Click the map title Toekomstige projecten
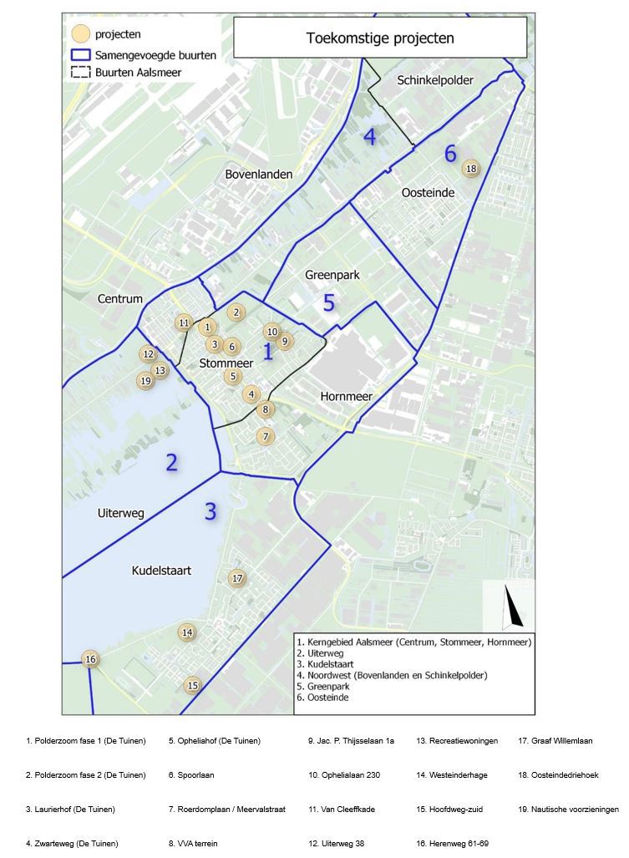coord(380,38)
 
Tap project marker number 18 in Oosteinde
coord(471,169)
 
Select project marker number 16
coord(91,659)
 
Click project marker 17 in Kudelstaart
coord(237,578)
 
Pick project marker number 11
coord(184,323)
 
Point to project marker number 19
coord(146,381)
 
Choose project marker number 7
coord(265,436)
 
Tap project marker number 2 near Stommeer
coord(236,312)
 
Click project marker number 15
coord(193,685)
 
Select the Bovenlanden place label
coord(258,174)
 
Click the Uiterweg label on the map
coord(121,513)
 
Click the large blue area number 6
coord(450,153)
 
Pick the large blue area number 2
coord(171,462)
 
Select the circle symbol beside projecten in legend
coord(80,34)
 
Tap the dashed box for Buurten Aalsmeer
coord(80,73)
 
